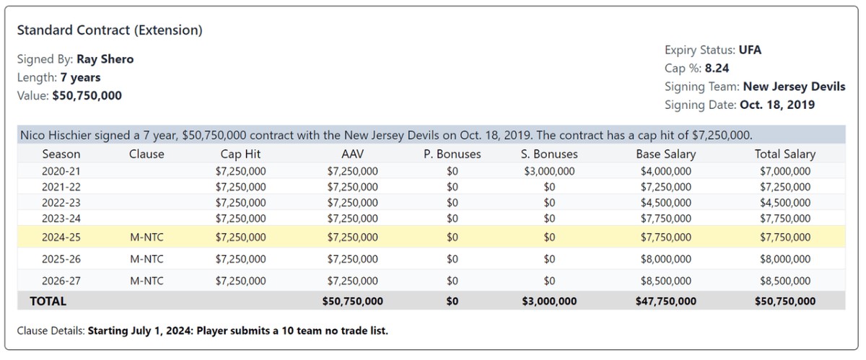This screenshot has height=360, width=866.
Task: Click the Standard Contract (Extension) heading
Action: coord(110,30)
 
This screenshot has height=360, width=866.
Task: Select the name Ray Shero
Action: coord(105,59)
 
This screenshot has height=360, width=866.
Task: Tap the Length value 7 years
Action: coord(80,77)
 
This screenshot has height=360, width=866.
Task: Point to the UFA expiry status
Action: coord(750,50)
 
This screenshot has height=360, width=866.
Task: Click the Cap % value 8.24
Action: coord(717,68)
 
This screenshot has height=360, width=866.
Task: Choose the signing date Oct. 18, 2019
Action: coord(777,105)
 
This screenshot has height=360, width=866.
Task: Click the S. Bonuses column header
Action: coord(549,154)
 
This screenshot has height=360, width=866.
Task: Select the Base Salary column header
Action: coord(665,154)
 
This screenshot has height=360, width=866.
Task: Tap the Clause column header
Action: coord(146,154)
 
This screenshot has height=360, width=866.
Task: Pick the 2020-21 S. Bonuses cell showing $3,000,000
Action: coord(549,171)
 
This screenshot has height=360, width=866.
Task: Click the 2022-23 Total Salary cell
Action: coord(785,203)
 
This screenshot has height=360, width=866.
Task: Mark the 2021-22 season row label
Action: coord(61,187)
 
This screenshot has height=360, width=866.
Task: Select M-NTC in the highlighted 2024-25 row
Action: coord(146,237)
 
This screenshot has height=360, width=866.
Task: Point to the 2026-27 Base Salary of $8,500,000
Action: coord(665,281)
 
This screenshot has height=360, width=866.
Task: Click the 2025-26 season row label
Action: coord(61,259)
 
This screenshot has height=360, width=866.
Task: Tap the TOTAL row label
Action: coord(48,302)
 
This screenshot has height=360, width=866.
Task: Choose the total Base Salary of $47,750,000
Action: coord(665,302)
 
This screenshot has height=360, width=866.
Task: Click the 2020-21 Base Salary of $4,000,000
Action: coord(665,171)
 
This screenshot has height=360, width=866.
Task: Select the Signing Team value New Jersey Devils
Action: coord(794,87)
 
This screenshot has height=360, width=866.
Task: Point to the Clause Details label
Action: coord(51,331)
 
